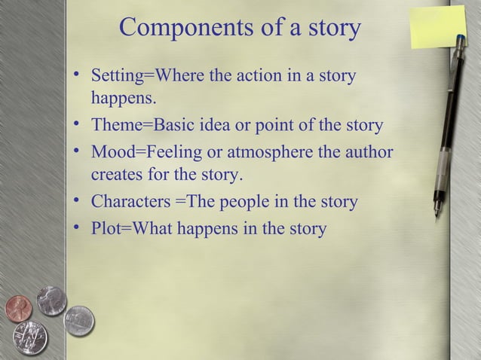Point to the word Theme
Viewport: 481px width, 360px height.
pos(112,125)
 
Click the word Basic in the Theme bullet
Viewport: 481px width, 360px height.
pos(173,125)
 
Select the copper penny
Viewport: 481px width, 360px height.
pos(18,307)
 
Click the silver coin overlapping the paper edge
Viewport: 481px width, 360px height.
pos(78,321)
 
